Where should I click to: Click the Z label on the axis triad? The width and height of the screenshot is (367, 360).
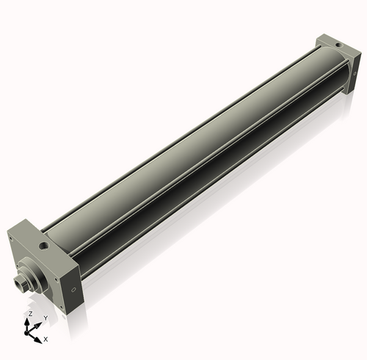[x=29, y=313]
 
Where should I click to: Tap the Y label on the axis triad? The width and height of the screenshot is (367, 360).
[x=45, y=318]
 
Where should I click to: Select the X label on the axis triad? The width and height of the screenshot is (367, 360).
[x=46, y=339]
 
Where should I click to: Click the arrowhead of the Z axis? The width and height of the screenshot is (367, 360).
[x=29, y=320]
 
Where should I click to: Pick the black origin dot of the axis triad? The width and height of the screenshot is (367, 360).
[x=30, y=331]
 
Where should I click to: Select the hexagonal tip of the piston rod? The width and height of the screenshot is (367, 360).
[x=18, y=281]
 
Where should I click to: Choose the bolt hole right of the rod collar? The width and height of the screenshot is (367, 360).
[x=55, y=278]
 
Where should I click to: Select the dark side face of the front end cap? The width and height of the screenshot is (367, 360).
[x=74, y=283]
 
